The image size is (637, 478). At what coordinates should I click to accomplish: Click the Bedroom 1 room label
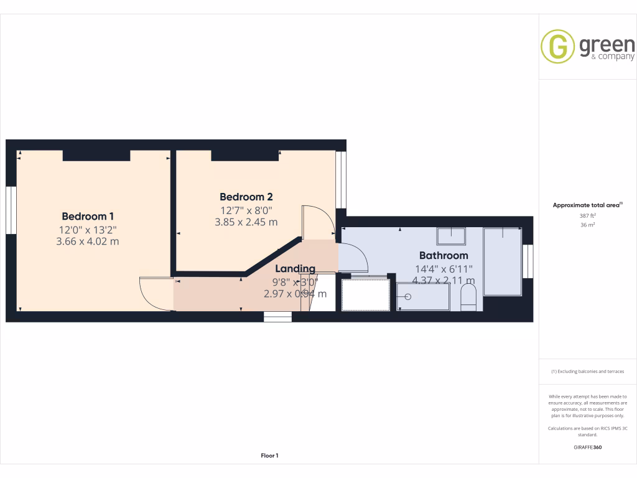(x=88, y=217)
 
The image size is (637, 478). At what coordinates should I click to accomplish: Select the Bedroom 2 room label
(x=246, y=197)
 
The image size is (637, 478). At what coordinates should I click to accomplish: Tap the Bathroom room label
(x=443, y=255)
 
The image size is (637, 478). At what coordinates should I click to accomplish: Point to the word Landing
(x=295, y=269)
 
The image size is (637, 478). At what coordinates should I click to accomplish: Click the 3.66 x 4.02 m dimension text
(x=87, y=241)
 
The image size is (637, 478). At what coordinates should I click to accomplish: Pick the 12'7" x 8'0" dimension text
(x=246, y=210)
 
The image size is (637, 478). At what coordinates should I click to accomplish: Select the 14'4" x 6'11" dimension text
(x=444, y=269)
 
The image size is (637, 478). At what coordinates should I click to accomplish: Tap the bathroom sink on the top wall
(x=451, y=237)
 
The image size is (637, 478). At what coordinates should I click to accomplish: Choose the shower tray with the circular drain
(x=423, y=296)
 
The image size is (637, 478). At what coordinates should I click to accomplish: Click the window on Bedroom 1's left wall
(x=11, y=210)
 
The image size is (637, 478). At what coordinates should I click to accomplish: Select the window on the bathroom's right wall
(x=528, y=261)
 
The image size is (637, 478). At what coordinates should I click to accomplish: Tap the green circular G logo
(x=557, y=46)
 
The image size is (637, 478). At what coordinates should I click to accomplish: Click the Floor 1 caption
(x=269, y=456)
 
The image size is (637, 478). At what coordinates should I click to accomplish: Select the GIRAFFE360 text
(x=587, y=447)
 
